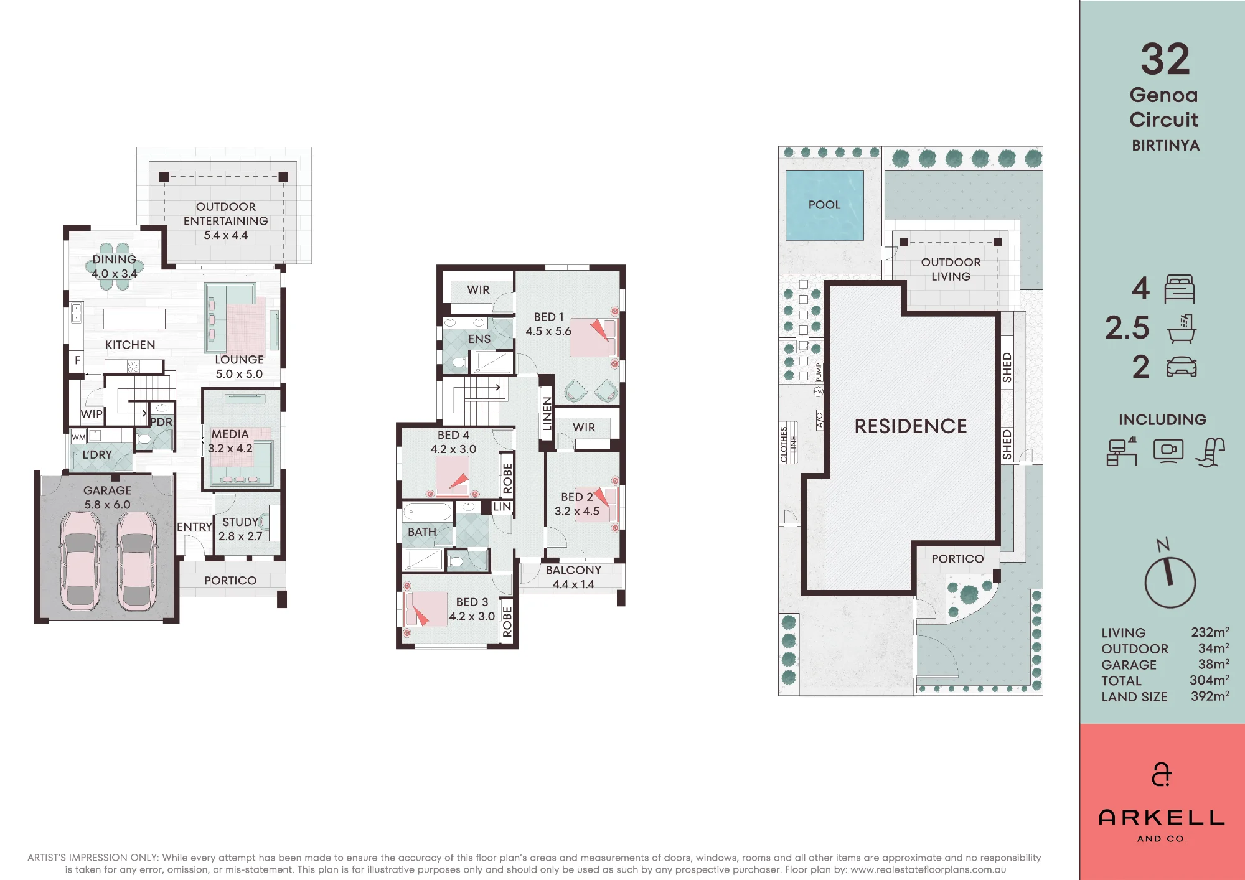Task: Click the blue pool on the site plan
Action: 824,205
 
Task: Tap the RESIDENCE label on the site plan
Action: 911,426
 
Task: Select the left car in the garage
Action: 80,561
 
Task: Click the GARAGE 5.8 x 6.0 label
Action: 108,497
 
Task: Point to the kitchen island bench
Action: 134,319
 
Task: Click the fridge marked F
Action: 77,360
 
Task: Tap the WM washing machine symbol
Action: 78,437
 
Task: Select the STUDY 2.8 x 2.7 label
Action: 240,529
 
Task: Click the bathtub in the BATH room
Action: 428,512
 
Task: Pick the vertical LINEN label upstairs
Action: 547,413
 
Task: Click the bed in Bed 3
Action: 426,609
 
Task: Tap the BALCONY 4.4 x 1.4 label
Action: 573,577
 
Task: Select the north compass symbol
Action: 1170,576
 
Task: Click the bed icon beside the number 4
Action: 1180,289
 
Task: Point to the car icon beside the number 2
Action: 1182,367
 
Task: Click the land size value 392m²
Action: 1210,696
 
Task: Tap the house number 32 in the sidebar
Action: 1165,59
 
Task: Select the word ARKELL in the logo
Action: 1162,817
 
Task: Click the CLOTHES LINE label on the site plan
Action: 788,444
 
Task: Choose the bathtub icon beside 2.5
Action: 1182,329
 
